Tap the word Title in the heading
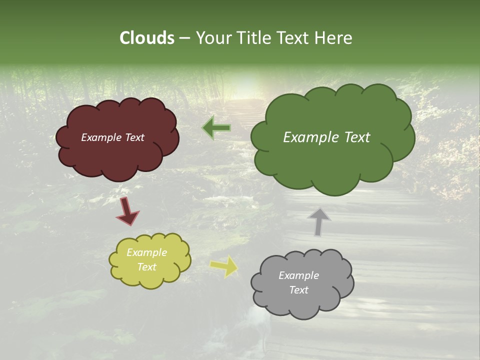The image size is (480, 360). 253,37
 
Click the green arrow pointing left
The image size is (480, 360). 216,128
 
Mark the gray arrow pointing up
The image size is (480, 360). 319,221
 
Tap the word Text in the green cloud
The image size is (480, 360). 357,137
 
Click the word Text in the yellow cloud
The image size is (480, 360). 147,267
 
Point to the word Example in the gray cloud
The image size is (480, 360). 298,275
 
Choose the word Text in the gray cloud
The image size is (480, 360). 299,290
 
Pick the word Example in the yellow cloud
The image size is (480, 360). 147,252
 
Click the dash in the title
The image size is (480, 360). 184,38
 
